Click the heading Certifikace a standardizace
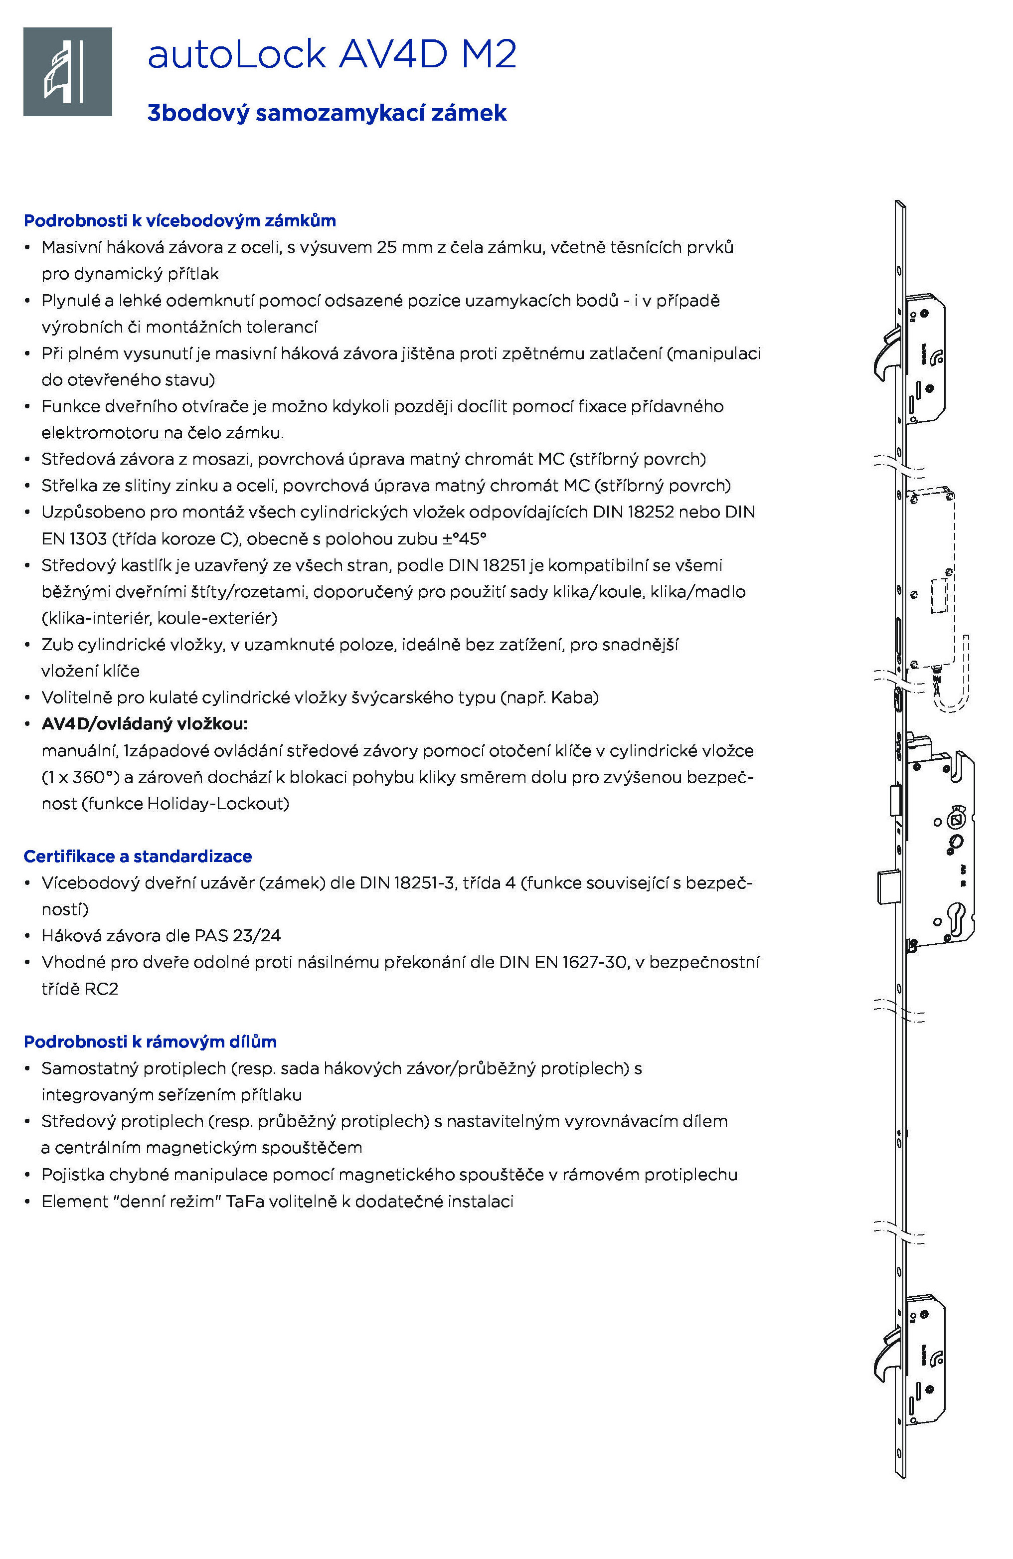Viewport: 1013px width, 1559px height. [x=138, y=856]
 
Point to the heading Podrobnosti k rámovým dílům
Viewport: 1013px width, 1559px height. [x=150, y=1041]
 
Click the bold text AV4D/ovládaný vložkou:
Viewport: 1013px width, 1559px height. [x=144, y=724]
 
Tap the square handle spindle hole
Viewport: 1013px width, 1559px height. [x=956, y=821]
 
